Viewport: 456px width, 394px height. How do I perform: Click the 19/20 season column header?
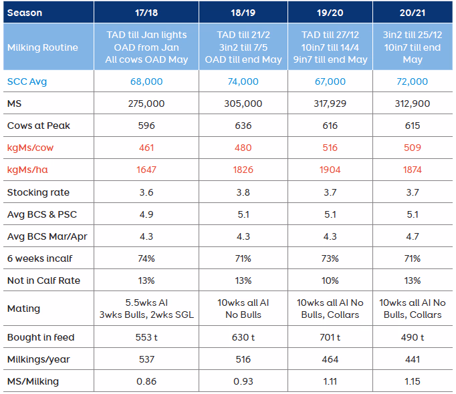(x=330, y=13)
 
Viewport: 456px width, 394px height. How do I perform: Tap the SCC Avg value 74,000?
(x=243, y=81)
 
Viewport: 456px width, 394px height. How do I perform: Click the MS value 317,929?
(x=330, y=104)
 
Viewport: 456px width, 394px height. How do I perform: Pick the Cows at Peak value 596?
(x=146, y=126)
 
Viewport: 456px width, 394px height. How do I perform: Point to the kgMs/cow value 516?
(x=330, y=148)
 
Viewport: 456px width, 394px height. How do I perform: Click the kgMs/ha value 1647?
(x=146, y=170)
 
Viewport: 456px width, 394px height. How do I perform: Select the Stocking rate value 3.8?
(x=243, y=192)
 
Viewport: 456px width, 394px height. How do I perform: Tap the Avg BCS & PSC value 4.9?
(x=146, y=214)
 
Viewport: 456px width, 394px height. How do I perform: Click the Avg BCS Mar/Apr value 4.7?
(x=413, y=236)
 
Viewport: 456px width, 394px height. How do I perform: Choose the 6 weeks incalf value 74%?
(x=146, y=258)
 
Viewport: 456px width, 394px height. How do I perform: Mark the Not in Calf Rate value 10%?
(x=330, y=280)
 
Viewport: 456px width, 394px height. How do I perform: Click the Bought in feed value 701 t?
(x=330, y=337)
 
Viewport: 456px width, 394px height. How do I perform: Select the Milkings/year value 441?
(x=413, y=359)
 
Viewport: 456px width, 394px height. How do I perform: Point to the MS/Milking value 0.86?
(x=146, y=381)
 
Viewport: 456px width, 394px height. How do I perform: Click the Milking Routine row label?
(x=43, y=47)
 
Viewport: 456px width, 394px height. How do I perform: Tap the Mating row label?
(x=23, y=309)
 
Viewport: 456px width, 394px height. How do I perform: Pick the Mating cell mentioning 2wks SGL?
(x=146, y=309)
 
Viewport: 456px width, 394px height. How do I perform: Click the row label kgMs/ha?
(x=27, y=170)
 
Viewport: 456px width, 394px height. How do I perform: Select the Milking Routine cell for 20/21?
(x=413, y=47)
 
